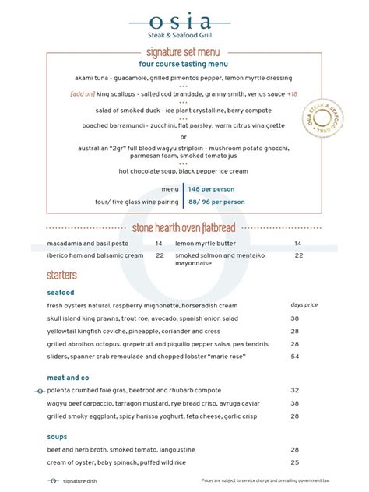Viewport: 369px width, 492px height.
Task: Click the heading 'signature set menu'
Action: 184,51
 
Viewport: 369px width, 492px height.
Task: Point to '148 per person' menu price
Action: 212,188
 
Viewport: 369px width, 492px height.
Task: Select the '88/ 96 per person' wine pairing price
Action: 217,202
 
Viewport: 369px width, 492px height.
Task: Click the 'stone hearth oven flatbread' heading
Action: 184,227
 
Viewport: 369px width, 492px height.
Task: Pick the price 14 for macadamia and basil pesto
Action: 159,244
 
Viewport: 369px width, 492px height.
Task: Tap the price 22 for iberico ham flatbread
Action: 159,255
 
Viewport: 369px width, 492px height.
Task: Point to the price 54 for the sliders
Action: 295,356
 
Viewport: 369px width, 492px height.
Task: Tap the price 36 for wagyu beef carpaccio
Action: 295,403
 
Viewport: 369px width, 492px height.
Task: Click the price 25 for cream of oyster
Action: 295,462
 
